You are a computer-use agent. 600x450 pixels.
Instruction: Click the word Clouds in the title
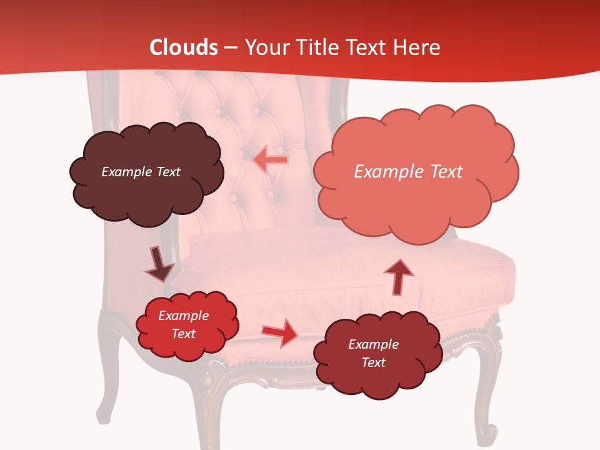(184, 47)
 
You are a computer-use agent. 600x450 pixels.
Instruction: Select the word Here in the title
(418, 47)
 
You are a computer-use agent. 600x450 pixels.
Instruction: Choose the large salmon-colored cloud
(416, 200)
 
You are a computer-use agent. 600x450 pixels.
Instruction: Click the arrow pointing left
(270, 160)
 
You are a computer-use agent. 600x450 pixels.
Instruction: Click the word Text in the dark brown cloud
(168, 172)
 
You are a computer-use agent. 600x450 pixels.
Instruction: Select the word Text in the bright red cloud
(183, 334)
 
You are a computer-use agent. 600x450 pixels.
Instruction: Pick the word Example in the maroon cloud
(373, 344)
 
